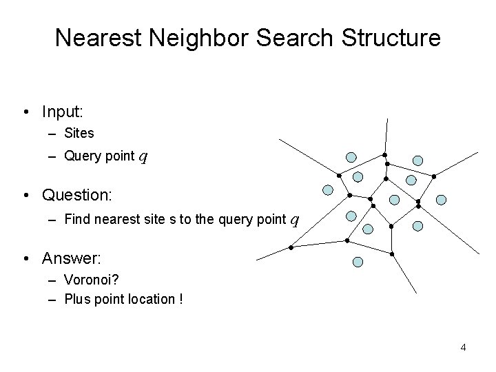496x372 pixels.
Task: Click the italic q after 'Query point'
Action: point(143,156)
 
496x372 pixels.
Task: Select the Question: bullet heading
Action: point(76,195)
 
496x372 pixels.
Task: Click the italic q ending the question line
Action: point(294,220)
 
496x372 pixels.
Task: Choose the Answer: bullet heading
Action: point(71,259)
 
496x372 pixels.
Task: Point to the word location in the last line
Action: point(152,299)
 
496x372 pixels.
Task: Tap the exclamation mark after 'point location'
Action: point(180,299)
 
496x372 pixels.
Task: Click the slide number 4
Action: point(463,347)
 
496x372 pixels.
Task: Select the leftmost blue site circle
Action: point(328,189)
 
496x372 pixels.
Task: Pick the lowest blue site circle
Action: point(358,262)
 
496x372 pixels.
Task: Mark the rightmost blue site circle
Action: point(442,200)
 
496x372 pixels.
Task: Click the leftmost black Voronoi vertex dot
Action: point(291,247)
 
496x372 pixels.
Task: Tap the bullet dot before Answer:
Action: point(24,260)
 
